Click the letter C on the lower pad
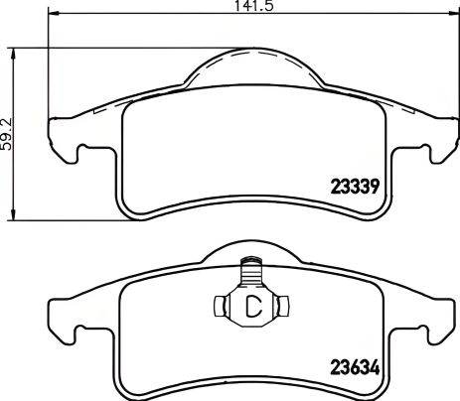(x=252, y=306)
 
